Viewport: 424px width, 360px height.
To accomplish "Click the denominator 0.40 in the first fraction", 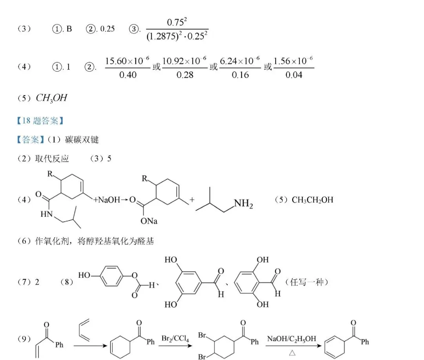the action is [x=128, y=75].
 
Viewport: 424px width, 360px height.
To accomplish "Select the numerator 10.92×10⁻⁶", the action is [x=185, y=61].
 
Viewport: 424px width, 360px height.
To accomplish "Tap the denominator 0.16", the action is [x=240, y=75].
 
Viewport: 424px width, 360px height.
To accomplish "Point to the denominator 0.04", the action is [x=294, y=75].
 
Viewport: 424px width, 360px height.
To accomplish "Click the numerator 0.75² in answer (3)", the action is [x=177, y=22].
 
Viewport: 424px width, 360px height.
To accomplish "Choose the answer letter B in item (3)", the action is [x=69, y=29].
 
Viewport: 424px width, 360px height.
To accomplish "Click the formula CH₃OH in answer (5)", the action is [x=51, y=98].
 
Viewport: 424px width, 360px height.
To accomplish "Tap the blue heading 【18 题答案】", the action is [x=40, y=120].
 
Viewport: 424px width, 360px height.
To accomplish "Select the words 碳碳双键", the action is [x=82, y=140].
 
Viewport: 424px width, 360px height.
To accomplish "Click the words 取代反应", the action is [x=52, y=159].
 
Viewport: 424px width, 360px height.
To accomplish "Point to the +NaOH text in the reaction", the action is [x=106, y=200].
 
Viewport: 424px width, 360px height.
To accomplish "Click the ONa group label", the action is [x=149, y=221].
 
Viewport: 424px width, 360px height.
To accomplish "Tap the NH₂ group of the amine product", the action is [x=244, y=204].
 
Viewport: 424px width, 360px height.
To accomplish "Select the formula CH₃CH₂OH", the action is [x=313, y=200].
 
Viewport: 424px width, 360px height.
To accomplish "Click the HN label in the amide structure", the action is [x=46, y=214].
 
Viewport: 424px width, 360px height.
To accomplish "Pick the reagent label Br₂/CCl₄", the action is [x=175, y=339].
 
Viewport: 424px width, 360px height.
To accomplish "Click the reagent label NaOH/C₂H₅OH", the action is [x=291, y=339].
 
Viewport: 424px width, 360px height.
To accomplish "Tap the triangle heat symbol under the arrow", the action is [x=292, y=353].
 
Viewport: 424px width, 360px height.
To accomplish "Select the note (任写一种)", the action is [x=307, y=282].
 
